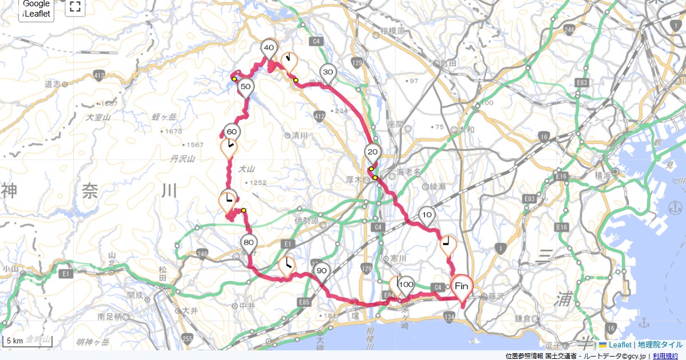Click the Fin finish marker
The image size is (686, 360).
[x=462, y=285]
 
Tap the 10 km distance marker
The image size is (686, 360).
[x=426, y=215]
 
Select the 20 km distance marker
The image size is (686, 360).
[x=373, y=152]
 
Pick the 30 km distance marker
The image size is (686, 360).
[x=328, y=73]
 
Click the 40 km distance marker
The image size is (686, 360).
[x=269, y=48]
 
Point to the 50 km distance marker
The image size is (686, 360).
[x=246, y=87]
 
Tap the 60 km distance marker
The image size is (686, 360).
[x=232, y=131]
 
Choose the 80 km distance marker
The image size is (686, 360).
[x=248, y=242]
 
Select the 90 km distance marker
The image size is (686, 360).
[x=321, y=271]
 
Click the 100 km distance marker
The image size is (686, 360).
[x=406, y=285]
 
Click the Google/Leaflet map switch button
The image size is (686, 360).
[x=37, y=9]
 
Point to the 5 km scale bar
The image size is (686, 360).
[x=28, y=342]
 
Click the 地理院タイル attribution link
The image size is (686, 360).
[x=660, y=345]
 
